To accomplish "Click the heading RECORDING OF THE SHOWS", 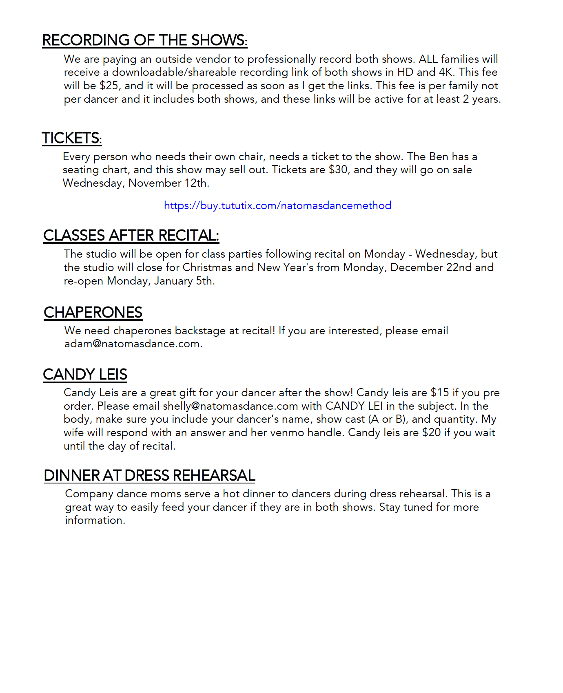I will click(144, 40).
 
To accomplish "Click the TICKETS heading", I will click(71, 138).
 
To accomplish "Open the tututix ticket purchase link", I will click(277, 205).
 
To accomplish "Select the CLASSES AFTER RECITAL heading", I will click(131, 236).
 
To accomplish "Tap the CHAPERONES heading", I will click(93, 313).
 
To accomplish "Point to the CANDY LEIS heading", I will click(85, 375).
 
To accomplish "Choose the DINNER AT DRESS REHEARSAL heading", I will click(149, 476).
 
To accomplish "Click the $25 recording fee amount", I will click(109, 86).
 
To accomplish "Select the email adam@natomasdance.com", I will click(132, 344).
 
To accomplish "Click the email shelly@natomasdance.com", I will click(230, 406).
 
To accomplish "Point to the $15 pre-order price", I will click(440, 393).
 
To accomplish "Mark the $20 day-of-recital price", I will click(431, 433).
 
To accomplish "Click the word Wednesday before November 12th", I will click(93, 183).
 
